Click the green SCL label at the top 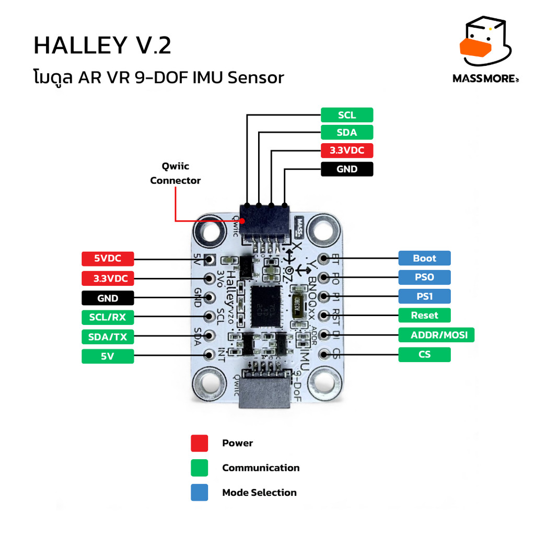coord(347,115)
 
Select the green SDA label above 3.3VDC coord(347,133)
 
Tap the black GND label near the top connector coord(347,169)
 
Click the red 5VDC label coord(108,259)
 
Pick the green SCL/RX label coord(108,317)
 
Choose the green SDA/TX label coord(108,336)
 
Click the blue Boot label coord(424,258)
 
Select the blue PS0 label coord(424,277)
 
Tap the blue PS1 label coord(424,296)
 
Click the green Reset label coord(424,315)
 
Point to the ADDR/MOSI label coord(436,335)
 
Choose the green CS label coord(424,355)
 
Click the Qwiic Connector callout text coord(176,173)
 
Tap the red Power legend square coord(199,443)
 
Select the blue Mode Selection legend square coord(199,493)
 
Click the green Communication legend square coord(199,468)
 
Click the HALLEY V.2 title coord(102,46)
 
